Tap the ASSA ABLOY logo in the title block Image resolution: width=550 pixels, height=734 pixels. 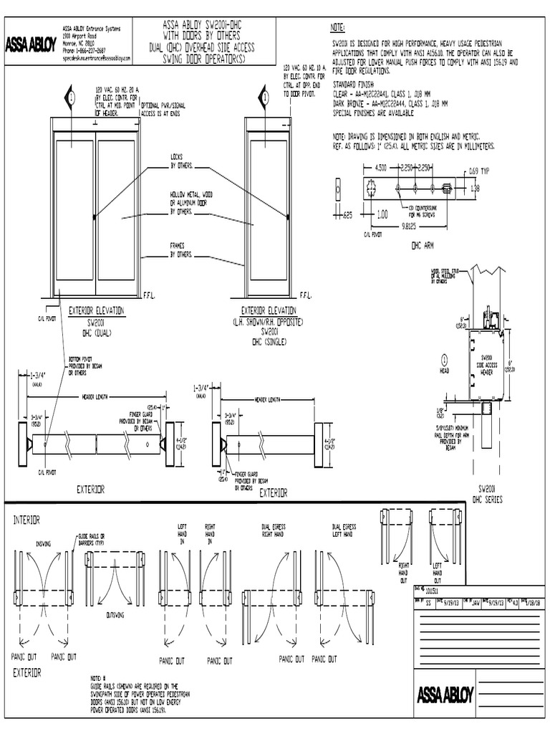tap(445, 695)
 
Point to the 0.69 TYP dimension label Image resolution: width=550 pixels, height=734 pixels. tap(478, 172)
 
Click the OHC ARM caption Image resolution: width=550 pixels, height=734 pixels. tap(423, 244)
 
